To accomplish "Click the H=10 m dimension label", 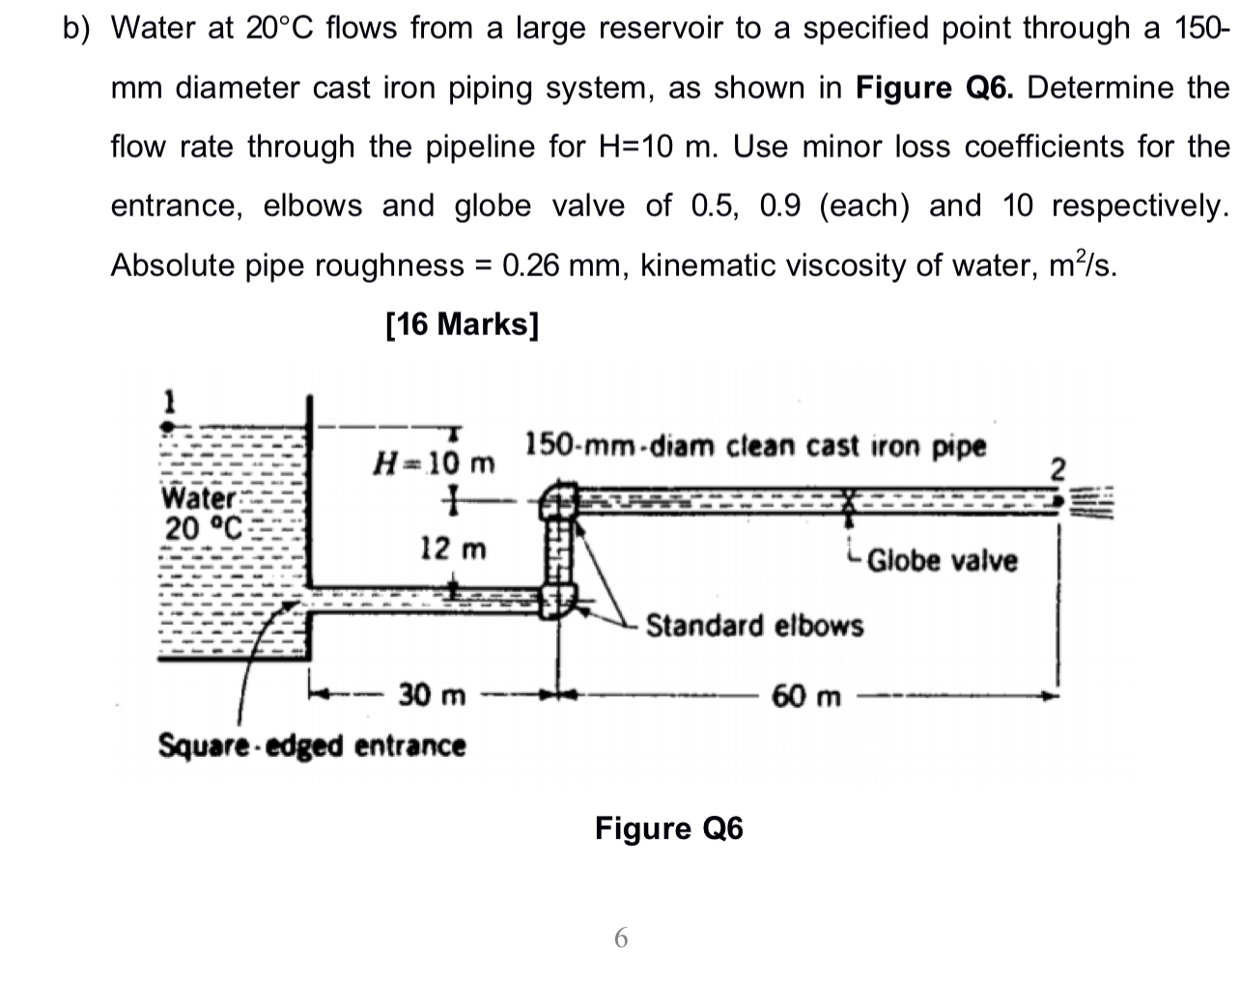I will coord(434,464).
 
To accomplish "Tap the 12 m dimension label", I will coord(453,549).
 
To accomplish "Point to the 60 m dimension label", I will coord(806,695).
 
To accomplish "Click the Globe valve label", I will coord(942,561).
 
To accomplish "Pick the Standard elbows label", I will coord(754,626).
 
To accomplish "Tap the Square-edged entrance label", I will coord(311,745).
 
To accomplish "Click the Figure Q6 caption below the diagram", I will coord(668,829).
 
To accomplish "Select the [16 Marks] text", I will coord(462,324).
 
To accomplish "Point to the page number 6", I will coord(621,937).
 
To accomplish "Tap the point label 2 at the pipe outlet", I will coord(1057,470).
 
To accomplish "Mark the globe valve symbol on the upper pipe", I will coord(850,499).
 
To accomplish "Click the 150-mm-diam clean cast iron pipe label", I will coord(755,446).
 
